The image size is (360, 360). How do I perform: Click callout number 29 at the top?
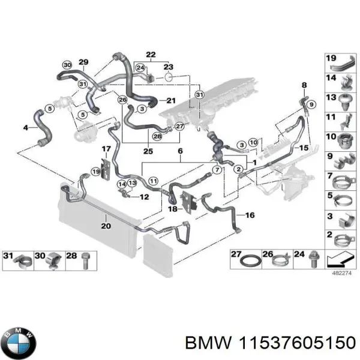83,62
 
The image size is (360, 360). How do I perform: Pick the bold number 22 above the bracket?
150,55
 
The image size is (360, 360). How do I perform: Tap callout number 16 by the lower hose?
250,214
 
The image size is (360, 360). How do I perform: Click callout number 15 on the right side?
305,148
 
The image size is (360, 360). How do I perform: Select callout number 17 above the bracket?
106,149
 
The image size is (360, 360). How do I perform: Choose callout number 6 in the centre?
178,151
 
